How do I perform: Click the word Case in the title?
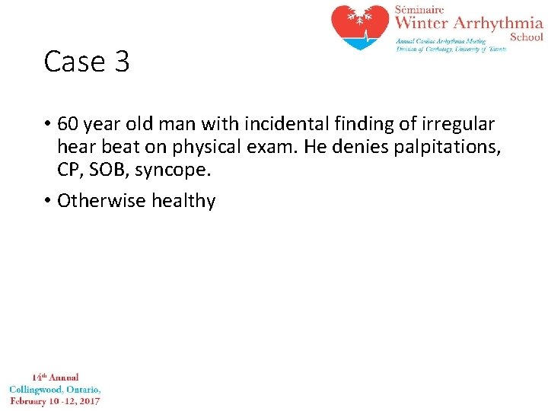click(x=74, y=62)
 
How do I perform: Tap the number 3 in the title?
click(x=122, y=62)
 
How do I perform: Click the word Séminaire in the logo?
click(x=417, y=8)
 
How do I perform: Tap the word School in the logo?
click(x=526, y=37)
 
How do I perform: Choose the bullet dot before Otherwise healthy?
click(x=47, y=201)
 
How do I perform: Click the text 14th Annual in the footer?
click(x=55, y=377)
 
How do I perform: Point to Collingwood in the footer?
click(x=37, y=389)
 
